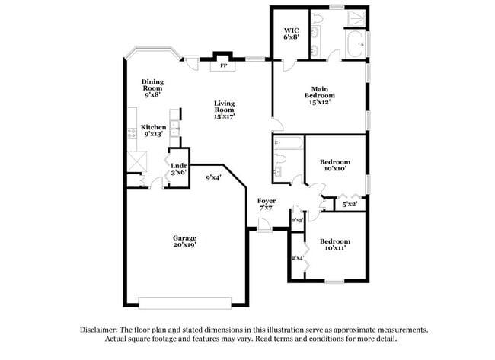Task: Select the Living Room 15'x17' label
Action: tap(224, 112)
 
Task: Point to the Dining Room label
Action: tap(152, 88)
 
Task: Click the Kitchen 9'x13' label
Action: tap(154, 130)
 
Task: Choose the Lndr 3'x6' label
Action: tap(179, 169)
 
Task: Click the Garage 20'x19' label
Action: tap(184, 241)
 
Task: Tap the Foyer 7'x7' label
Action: tap(267, 204)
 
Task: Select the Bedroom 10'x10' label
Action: tap(335, 165)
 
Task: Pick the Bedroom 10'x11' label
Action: tap(335, 243)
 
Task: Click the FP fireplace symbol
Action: tap(224, 65)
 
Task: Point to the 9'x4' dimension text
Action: tap(214, 178)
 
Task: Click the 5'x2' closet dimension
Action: tap(350, 204)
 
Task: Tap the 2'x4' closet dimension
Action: tap(298, 258)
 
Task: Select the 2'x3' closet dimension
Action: tap(299, 220)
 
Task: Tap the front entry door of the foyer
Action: tap(263, 226)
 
